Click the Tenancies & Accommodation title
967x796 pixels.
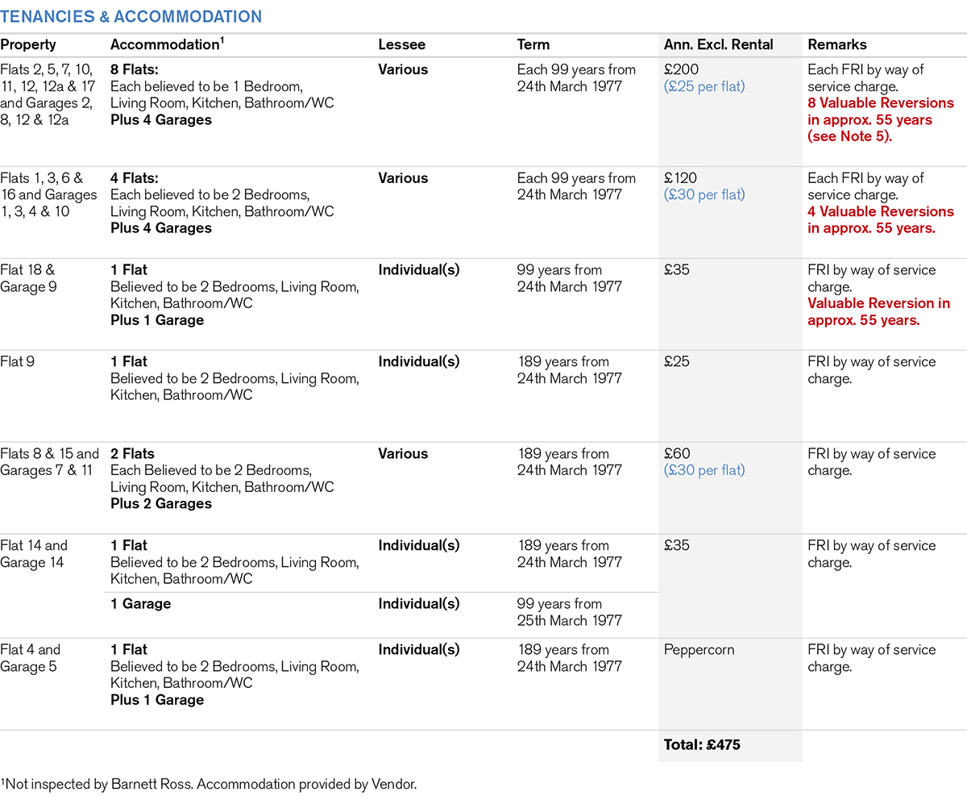coord(131,16)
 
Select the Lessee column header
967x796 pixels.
coord(402,45)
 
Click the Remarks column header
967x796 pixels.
coord(837,45)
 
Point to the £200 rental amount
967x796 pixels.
coord(681,69)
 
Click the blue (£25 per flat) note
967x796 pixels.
coord(705,86)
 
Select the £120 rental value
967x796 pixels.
coord(681,178)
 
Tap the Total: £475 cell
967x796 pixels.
coord(702,745)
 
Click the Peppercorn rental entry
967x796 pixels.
coord(699,650)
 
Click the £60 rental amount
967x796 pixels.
coord(677,454)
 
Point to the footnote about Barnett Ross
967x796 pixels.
coord(210,783)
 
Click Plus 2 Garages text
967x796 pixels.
coord(161,504)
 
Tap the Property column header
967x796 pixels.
coord(28,45)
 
